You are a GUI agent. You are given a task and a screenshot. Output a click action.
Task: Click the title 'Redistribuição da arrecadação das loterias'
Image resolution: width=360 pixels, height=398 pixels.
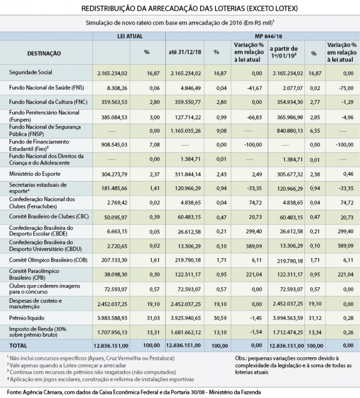(179, 9)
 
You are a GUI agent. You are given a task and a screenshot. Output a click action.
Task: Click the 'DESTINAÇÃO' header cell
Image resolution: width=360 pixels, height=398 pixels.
(44, 53)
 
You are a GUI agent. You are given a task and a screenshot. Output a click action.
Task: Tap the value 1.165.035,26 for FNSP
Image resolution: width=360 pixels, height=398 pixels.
(182, 131)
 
